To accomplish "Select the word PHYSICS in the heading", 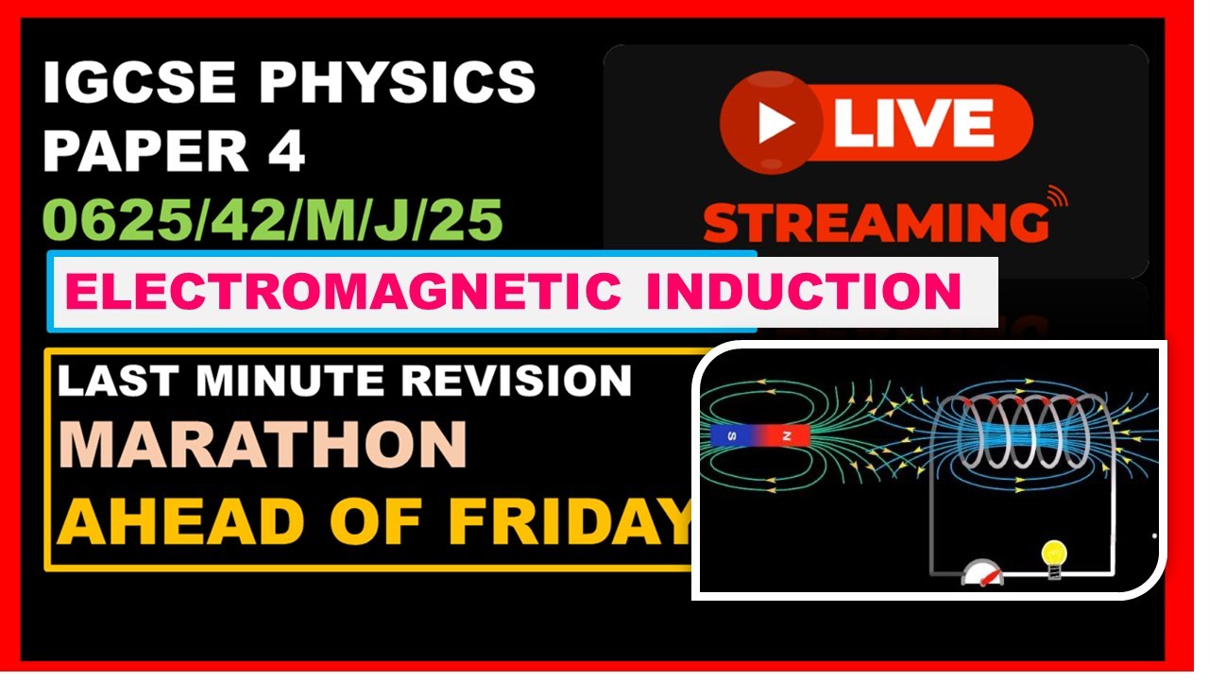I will (x=397, y=82).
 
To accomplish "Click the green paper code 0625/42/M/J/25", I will (x=274, y=220).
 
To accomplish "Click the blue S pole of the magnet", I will (x=729, y=435).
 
